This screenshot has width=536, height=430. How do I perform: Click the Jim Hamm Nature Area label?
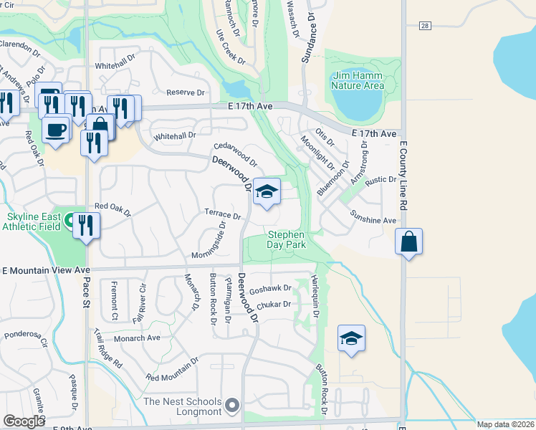(358, 81)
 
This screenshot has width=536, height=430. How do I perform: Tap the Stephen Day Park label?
(287, 239)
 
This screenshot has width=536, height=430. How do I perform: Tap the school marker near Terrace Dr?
(267, 191)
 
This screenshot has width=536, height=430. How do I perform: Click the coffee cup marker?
(55, 130)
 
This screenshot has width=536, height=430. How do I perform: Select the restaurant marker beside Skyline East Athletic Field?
(86, 226)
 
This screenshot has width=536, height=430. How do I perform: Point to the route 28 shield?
(425, 26)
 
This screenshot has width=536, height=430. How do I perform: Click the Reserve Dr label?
(186, 92)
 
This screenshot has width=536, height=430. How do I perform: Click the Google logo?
(24, 421)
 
